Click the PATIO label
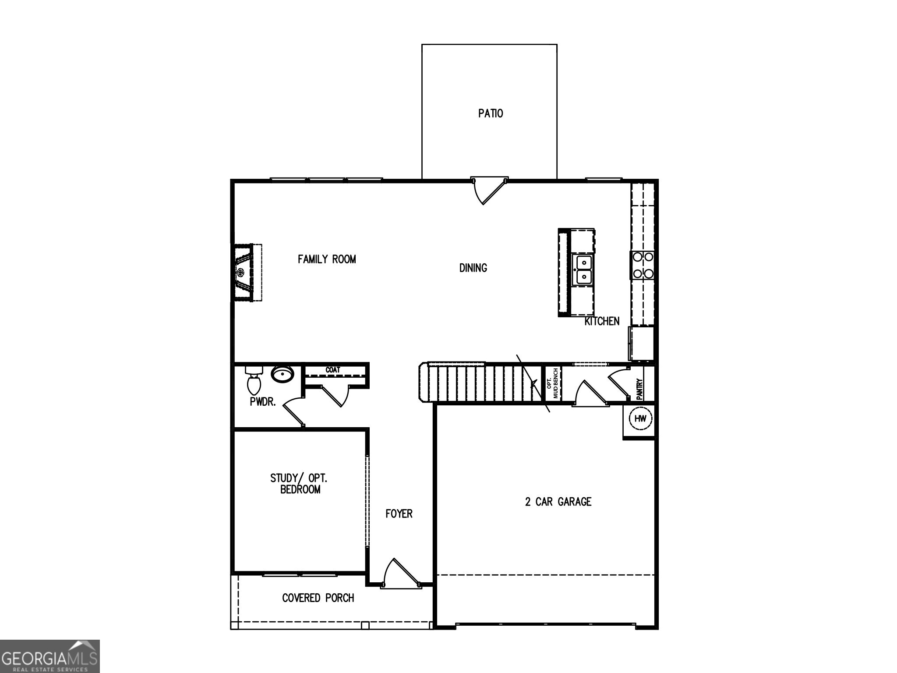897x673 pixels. pyautogui.click(x=490, y=113)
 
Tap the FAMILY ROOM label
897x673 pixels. pyautogui.click(x=327, y=259)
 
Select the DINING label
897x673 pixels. pyautogui.click(x=473, y=268)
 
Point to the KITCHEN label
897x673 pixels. pyautogui.click(x=602, y=321)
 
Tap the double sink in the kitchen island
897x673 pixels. pyautogui.click(x=583, y=270)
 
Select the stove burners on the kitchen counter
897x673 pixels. pyautogui.click(x=642, y=265)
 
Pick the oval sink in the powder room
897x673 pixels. pyautogui.click(x=283, y=375)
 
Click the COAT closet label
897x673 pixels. pyautogui.click(x=333, y=370)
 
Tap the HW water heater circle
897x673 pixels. pyautogui.click(x=640, y=418)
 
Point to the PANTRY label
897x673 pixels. pyautogui.click(x=639, y=389)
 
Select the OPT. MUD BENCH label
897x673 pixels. pyautogui.click(x=553, y=383)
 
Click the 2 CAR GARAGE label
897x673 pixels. pyautogui.click(x=558, y=502)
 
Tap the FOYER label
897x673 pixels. pyautogui.click(x=399, y=514)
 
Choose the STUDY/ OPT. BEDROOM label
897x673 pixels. pyautogui.click(x=299, y=484)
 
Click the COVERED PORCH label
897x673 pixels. pyautogui.click(x=318, y=598)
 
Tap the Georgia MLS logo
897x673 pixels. pyautogui.click(x=49, y=656)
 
